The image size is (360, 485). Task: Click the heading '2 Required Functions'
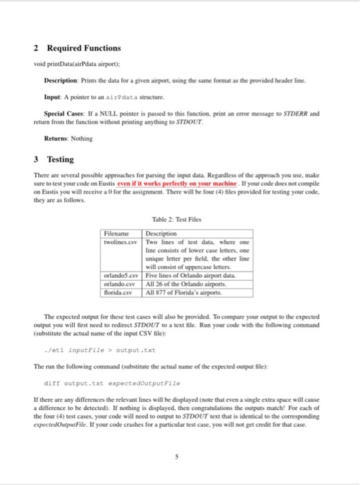pyautogui.click(x=76, y=48)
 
